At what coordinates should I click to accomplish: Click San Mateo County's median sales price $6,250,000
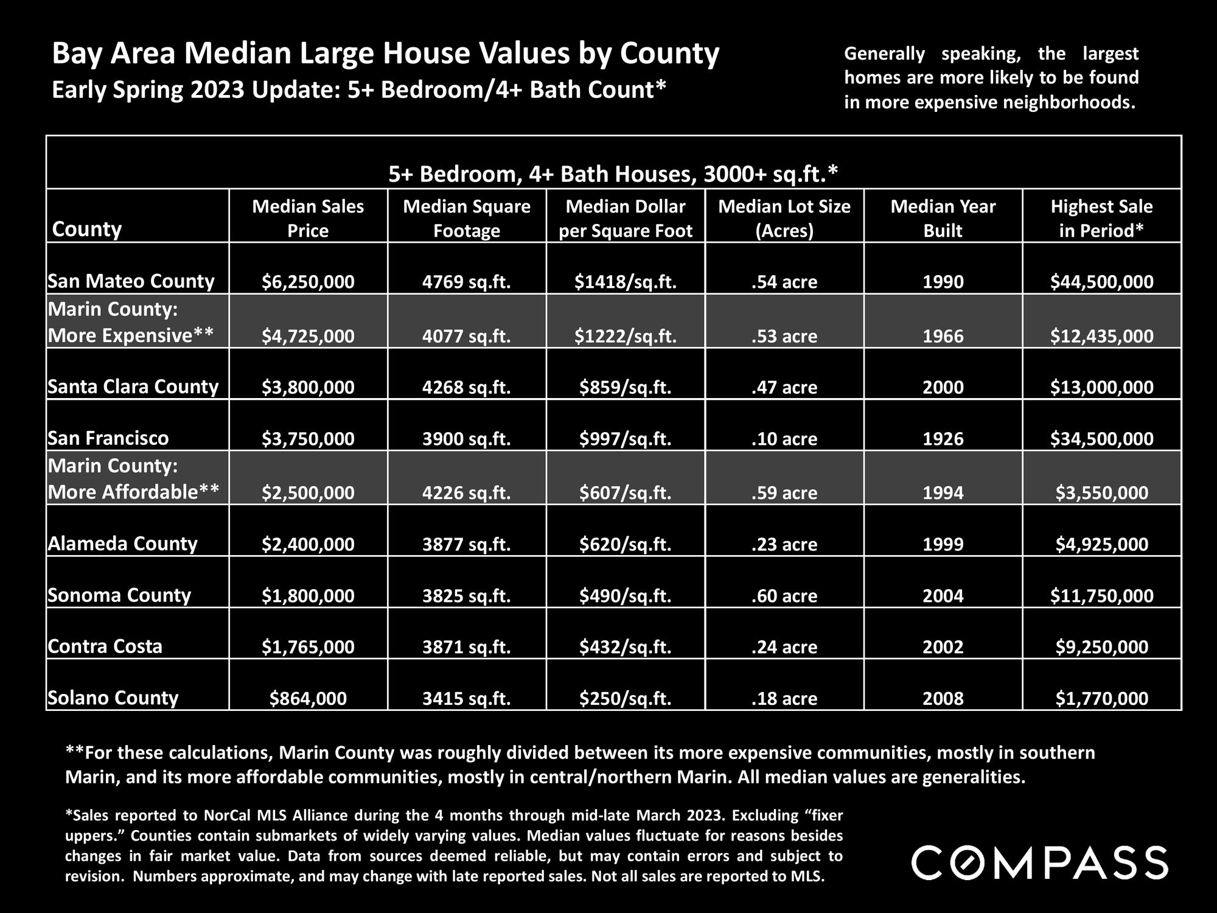(308, 282)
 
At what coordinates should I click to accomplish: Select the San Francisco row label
(108, 438)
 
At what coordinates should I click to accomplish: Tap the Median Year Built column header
(943, 219)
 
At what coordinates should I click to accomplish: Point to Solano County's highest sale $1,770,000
(1101, 698)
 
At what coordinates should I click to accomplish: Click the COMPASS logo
(1039, 862)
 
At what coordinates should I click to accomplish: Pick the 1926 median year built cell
(943, 439)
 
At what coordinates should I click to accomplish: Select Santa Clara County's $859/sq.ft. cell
(626, 387)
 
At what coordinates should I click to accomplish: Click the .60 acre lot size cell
(784, 595)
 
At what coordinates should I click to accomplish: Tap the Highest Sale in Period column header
(1101, 219)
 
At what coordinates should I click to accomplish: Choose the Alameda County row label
(123, 544)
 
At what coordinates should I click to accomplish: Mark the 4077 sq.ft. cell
(467, 336)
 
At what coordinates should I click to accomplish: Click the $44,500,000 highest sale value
(1101, 282)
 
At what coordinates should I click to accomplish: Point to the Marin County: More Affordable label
(133, 479)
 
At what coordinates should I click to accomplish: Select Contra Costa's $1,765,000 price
(308, 646)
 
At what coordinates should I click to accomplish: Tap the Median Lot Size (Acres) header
(784, 219)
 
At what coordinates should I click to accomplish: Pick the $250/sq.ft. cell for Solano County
(626, 698)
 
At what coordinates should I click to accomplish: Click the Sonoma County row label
(119, 595)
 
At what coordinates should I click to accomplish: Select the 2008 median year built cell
(943, 698)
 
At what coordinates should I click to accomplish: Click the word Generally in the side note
(884, 54)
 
